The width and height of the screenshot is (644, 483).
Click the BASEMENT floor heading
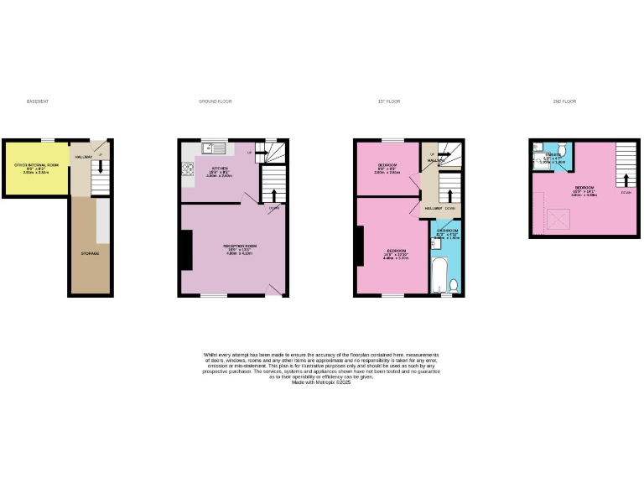click(38, 101)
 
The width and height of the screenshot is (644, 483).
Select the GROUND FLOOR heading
click(216, 101)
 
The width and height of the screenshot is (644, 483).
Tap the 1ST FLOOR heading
click(389, 101)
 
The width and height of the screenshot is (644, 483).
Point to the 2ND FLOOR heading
click(564, 101)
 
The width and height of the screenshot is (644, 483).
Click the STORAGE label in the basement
click(89, 252)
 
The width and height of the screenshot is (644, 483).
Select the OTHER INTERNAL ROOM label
click(36, 166)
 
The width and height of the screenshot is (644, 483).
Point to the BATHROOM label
click(447, 231)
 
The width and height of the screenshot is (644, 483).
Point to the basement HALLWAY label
click(83, 157)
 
